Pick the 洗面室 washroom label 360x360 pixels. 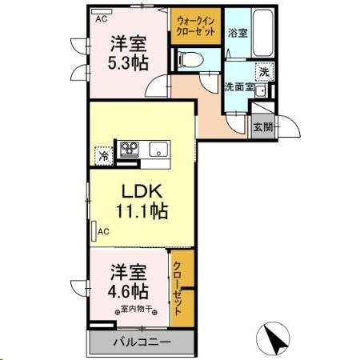click(238, 86)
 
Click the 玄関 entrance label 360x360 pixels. click(262, 126)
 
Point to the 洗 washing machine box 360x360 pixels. click(263, 70)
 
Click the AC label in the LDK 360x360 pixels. click(102, 231)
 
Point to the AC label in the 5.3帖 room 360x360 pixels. click(102, 18)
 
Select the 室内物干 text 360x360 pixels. click(138, 310)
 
